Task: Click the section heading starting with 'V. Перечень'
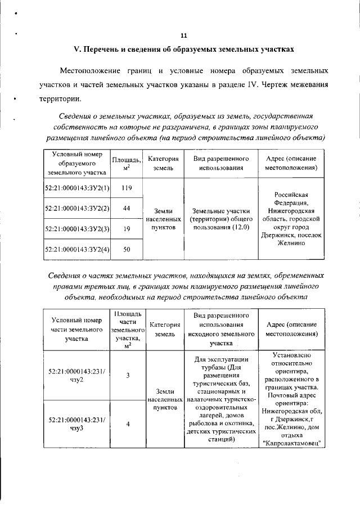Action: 184,49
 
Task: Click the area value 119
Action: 127,188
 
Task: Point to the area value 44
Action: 127,209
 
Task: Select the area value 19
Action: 127,229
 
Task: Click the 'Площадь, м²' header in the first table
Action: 127,164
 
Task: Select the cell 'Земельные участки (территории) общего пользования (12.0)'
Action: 221,219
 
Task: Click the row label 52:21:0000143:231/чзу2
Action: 73,376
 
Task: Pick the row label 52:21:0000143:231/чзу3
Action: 73,424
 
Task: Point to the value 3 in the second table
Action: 128,376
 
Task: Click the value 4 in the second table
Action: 128,424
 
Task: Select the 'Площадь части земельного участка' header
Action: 128,329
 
